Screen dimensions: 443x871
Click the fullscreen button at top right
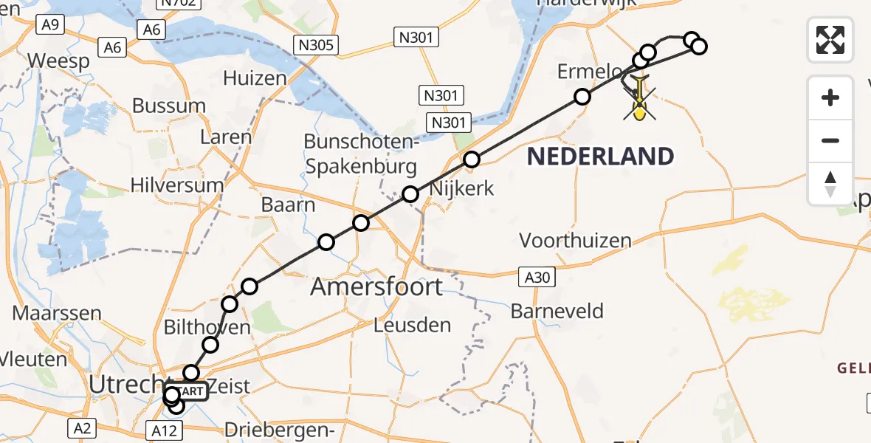point(830,39)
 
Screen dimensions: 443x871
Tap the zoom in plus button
point(830,97)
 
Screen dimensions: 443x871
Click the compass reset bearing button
point(830,183)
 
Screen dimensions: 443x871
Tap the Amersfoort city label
point(376,286)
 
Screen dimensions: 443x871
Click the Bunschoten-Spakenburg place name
point(361,154)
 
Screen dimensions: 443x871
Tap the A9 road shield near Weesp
point(51,24)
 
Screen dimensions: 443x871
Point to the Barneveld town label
point(557,311)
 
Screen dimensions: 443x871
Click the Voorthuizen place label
point(575,240)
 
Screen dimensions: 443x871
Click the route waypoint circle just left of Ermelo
point(582,97)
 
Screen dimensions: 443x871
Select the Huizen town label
point(254,78)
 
